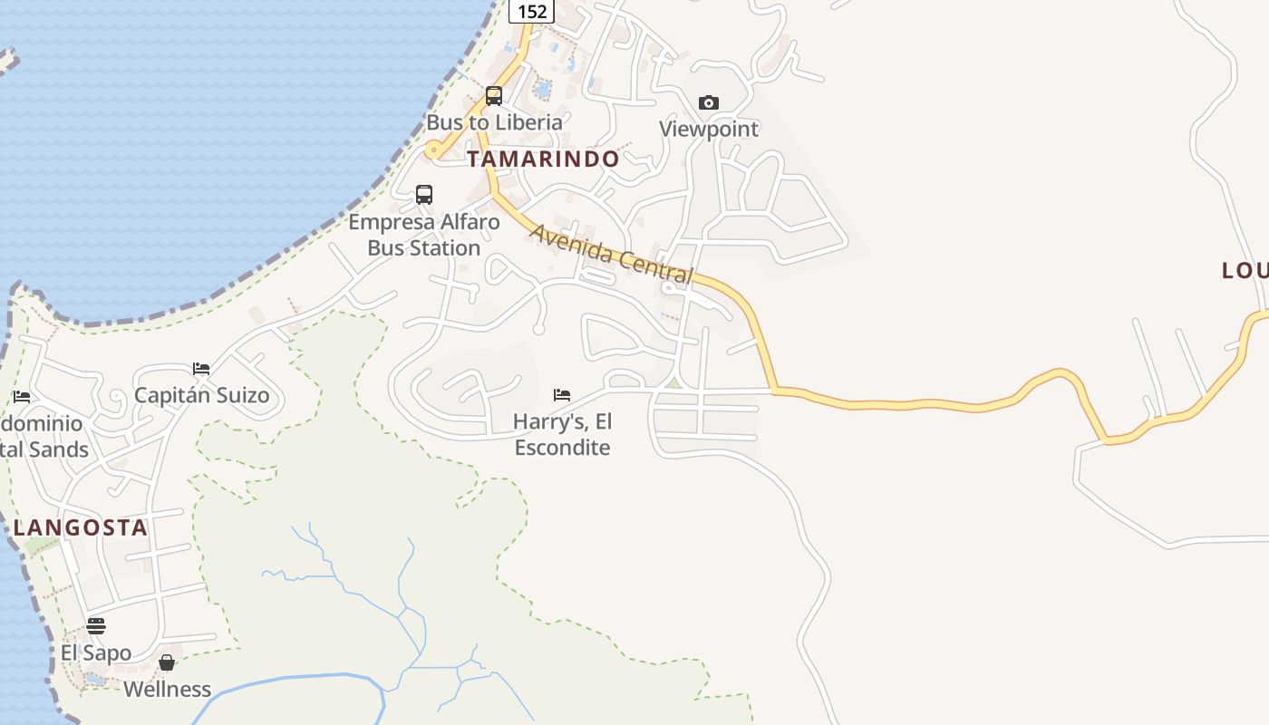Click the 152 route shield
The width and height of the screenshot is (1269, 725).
[x=531, y=11]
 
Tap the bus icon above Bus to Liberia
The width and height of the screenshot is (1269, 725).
[x=494, y=95]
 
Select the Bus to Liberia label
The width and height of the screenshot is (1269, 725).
[x=494, y=122]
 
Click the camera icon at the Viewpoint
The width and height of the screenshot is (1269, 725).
[x=709, y=103]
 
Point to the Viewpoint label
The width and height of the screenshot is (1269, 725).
[x=709, y=129]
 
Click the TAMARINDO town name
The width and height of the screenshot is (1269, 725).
[x=543, y=159]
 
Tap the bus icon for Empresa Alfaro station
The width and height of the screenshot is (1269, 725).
[x=424, y=194]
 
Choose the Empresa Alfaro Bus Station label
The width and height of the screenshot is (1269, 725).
[x=424, y=235]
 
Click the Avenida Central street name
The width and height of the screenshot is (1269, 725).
[x=611, y=254]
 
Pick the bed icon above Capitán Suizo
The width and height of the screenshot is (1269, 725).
[x=201, y=369]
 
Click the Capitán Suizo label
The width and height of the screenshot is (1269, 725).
[x=201, y=395]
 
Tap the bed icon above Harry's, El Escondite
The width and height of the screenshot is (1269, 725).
[x=562, y=395]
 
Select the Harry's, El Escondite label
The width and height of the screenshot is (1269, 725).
[x=562, y=434]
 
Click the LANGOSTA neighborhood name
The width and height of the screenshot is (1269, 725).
[x=80, y=528]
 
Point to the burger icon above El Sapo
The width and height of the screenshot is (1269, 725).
[x=96, y=626]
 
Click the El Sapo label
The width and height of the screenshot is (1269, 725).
[x=96, y=652]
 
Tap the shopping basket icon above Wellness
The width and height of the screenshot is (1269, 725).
[x=167, y=663]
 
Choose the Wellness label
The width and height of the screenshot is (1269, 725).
[x=167, y=689]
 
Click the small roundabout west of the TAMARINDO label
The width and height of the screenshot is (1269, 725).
[x=434, y=150]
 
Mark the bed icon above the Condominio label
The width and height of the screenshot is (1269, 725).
[x=22, y=397]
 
